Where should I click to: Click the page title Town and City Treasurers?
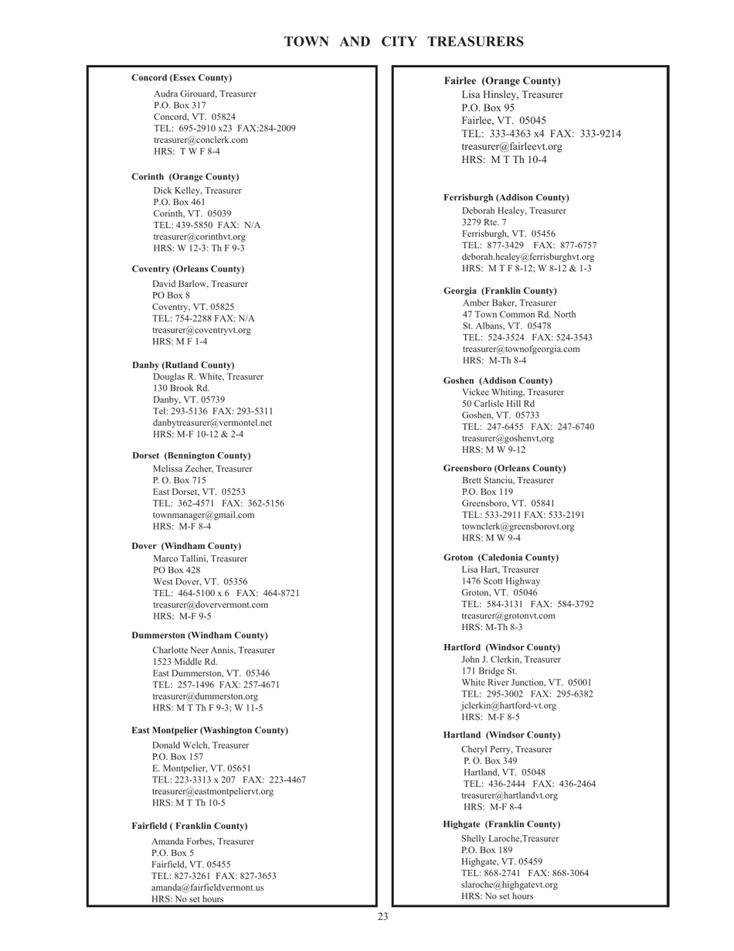[x=404, y=42]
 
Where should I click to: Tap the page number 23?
[x=383, y=917]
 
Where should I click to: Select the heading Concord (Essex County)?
[x=182, y=78]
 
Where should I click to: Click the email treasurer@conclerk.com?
[x=201, y=140]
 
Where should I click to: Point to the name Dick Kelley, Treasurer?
[x=197, y=190]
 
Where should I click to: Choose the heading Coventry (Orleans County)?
[x=188, y=269]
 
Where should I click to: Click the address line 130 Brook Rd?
[x=181, y=388]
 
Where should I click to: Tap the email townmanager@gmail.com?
[x=203, y=515]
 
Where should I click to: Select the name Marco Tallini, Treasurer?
[x=200, y=558]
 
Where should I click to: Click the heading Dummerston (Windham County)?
[x=199, y=636]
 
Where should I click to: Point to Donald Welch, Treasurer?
[x=200, y=745]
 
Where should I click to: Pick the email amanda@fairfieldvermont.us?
[x=207, y=888]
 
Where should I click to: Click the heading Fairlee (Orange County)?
[x=502, y=81]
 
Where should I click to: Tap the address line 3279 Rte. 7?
[x=484, y=222]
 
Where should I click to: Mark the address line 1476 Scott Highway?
[x=501, y=581]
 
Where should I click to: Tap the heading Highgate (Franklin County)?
[x=501, y=824]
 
